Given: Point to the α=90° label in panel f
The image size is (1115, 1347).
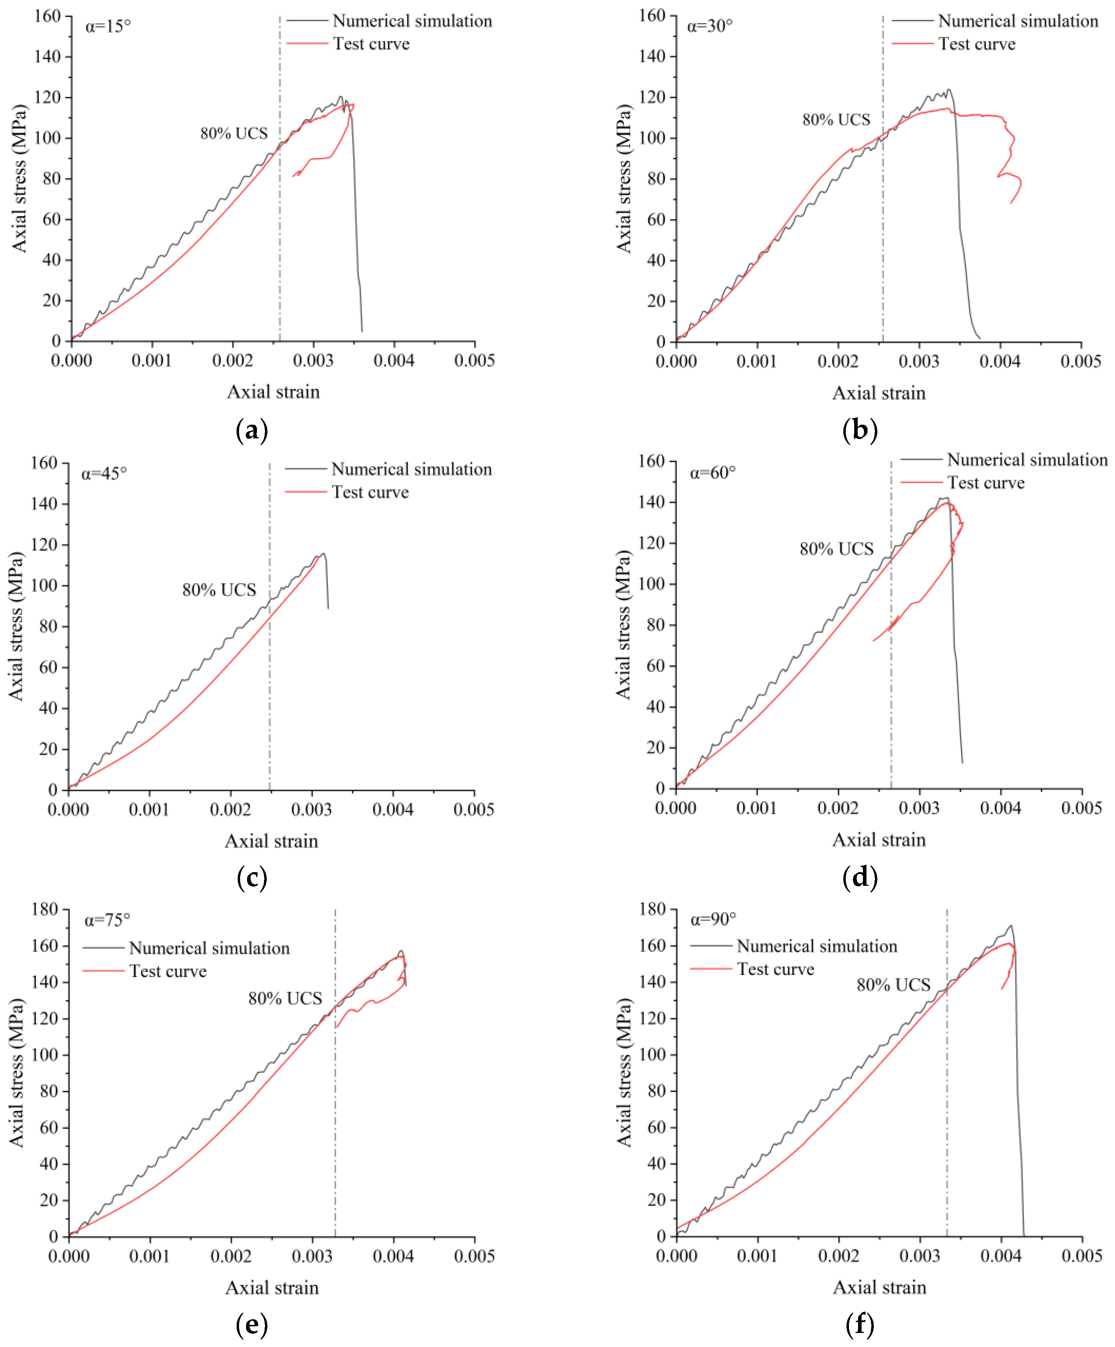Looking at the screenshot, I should pos(713,920).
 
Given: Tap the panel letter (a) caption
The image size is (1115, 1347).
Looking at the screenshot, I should pos(251,430).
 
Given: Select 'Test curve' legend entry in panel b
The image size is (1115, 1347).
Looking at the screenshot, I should pos(977,44).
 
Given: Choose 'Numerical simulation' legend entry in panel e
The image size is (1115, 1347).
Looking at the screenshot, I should pos(209,948).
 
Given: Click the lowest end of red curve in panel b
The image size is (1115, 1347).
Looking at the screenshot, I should pos(1012,203).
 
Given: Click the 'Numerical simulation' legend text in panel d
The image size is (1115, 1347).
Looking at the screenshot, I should pos(1027,460).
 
